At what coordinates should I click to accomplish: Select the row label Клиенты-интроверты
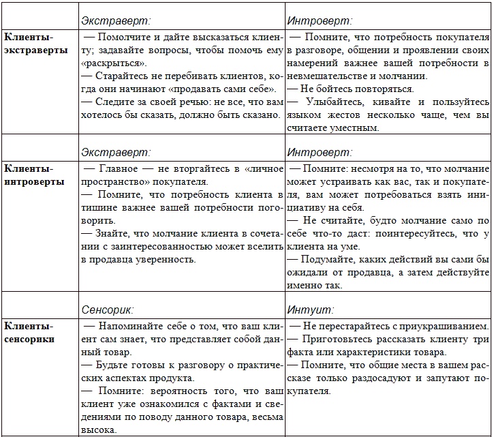click(x=35, y=175)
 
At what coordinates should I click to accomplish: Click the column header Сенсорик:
click(x=109, y=309)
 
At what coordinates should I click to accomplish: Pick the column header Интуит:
click(x=310, y=309)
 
